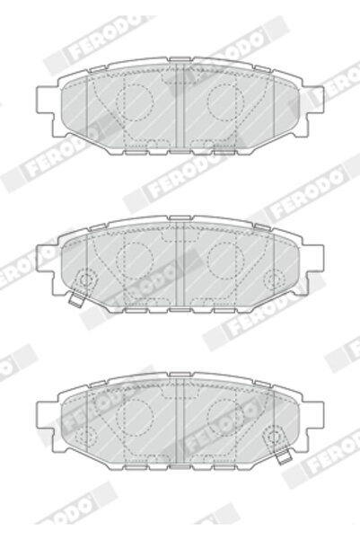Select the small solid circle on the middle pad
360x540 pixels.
86,279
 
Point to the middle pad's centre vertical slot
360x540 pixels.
180,266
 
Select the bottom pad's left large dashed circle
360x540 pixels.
138,414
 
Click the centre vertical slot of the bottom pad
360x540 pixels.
180,422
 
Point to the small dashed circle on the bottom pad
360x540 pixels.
86,435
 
